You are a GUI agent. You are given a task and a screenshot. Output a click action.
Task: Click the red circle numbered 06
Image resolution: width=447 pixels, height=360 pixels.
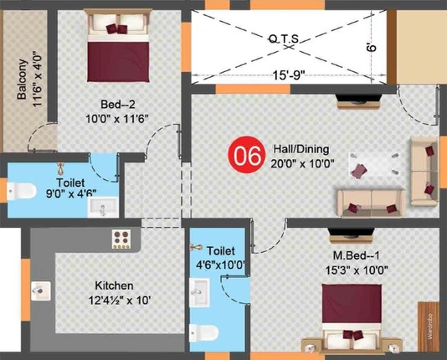point(246,155)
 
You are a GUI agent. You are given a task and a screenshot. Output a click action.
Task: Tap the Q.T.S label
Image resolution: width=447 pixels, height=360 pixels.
point(284,39)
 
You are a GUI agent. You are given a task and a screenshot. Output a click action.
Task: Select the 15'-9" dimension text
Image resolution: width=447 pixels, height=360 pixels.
point(289,75)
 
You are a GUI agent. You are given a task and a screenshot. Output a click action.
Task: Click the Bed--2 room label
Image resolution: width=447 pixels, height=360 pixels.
point(118,105)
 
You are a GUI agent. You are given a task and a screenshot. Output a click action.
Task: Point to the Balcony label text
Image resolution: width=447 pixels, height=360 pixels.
point(23,80)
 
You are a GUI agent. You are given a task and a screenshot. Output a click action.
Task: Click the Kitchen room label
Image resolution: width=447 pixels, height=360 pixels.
point(114,285)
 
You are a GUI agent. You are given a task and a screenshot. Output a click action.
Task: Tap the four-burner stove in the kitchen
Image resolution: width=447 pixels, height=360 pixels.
point(121,239)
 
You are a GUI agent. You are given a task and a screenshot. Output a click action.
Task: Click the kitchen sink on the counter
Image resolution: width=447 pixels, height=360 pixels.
point(41,291)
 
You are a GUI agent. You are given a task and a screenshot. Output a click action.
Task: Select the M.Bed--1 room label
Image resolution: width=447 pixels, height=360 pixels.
point(357,255)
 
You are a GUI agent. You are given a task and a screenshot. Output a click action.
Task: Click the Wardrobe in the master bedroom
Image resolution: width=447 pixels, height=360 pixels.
point(429,327)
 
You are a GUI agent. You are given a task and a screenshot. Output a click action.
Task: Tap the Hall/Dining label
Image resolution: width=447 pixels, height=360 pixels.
point(301,149)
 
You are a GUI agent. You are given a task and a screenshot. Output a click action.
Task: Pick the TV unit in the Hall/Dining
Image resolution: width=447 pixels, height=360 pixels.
point(358,101)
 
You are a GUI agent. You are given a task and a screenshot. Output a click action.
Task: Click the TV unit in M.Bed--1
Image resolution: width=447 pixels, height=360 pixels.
point(352,235)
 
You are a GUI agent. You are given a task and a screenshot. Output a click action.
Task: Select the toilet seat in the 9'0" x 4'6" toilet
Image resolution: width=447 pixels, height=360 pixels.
point(22,191)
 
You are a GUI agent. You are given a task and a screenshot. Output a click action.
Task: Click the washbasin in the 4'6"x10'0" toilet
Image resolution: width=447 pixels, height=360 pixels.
point(199,293)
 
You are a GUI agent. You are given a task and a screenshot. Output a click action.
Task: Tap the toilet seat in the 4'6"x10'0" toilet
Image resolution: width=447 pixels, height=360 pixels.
point(204,332)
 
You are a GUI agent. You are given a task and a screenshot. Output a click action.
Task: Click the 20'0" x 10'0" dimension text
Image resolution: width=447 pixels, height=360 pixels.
point(302,164)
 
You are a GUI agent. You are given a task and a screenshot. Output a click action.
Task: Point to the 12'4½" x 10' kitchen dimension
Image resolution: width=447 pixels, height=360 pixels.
point(120,301)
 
